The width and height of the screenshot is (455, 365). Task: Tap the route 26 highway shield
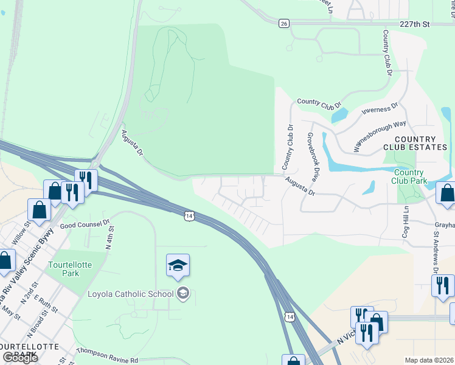click(x=283, y=23)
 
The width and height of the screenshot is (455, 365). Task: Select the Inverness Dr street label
click(x=379, y=108)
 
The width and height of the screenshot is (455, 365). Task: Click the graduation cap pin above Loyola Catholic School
click(x=178, y=265)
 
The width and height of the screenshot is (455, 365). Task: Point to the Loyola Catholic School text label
click(x=131, y=294)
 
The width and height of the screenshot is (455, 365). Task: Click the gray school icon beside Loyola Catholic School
click(x=182, y=294)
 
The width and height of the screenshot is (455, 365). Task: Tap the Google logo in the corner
click(x=20, y=358)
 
